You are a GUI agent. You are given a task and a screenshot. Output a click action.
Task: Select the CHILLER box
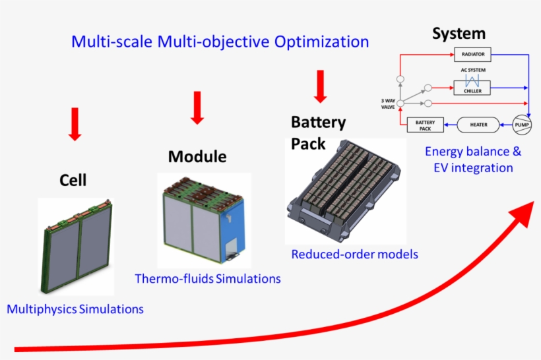coord(472,90)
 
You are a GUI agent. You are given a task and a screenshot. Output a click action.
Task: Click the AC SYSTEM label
coord(472,70)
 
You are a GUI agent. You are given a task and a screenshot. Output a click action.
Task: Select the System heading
coord(459,34)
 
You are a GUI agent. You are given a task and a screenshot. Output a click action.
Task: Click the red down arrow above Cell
coord(75,124)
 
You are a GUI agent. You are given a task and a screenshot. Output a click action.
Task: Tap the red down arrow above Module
coord(197,107)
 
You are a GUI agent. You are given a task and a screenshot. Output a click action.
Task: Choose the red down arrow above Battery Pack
coord(321,86)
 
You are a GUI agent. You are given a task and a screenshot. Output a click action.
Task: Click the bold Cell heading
coord(73,180)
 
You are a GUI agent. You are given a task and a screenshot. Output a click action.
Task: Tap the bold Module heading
coord(197,157)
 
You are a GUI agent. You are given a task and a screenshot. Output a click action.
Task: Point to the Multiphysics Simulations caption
coord(75,309)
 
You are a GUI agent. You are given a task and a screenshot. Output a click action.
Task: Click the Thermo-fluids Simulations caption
coord(208,279)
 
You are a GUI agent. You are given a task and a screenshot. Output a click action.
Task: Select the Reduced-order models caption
coord(355,254)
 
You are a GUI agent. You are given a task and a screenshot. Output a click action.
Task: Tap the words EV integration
coord(472,167)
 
